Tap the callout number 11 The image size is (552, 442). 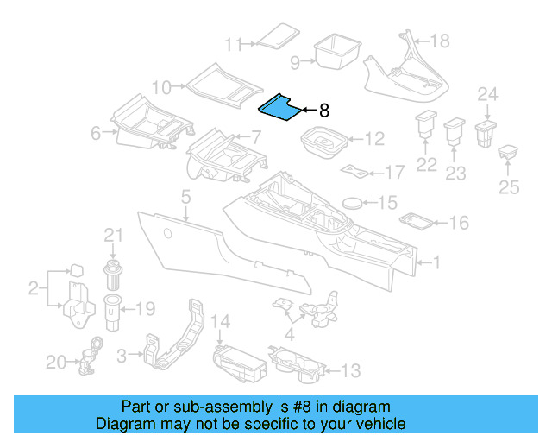click(x=234, y=44)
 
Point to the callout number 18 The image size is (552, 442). click(x=439, y=41)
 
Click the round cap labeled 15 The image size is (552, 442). click(x=353, y=203)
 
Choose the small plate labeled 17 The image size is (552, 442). click(x=354, y=169)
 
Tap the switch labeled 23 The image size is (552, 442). click(x=454, y=135)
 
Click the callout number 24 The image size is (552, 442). click(x=488, y=94)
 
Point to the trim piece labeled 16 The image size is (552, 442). click(x=418, y=222)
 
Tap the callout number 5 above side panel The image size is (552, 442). click(x=185, y=199)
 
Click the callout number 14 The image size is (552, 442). click(x=222, y=322)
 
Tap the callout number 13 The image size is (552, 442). click(x=350, y=371)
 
